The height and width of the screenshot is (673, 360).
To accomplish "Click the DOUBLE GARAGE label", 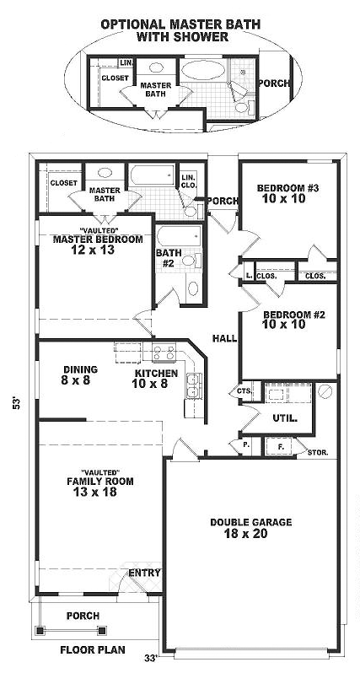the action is coord(250,522).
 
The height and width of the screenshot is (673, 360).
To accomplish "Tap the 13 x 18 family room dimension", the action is coord(95,492).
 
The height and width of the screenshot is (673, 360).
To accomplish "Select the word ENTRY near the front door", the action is coord(145,573).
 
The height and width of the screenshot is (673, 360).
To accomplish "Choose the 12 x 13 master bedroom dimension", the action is coord(94,250).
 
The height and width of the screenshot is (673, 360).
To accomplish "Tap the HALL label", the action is coord(225,338).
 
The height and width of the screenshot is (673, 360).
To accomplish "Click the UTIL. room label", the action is coord(285,417).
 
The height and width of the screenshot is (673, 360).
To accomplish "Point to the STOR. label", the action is coord(318,452).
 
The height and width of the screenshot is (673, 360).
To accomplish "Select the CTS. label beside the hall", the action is coord(244,391).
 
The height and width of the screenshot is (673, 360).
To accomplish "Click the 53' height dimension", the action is coord(17,403).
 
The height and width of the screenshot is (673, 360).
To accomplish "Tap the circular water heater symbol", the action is coord(325,391).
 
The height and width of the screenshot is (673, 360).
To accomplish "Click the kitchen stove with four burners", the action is coord(164,352).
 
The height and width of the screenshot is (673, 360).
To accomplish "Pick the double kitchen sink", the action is coord(194,385).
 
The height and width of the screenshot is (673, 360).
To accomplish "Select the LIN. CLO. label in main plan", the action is coord(189,181).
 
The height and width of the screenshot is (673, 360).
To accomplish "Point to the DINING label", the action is coord(81,369).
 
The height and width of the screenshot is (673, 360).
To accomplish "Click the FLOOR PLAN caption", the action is coord(93,649).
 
